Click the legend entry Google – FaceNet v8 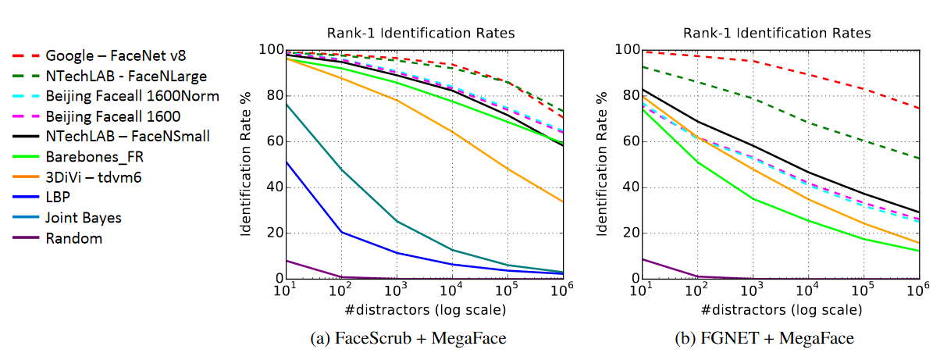coord(116,56)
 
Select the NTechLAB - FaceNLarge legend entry coord(126,77)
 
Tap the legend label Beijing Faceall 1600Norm coord(132,96)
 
